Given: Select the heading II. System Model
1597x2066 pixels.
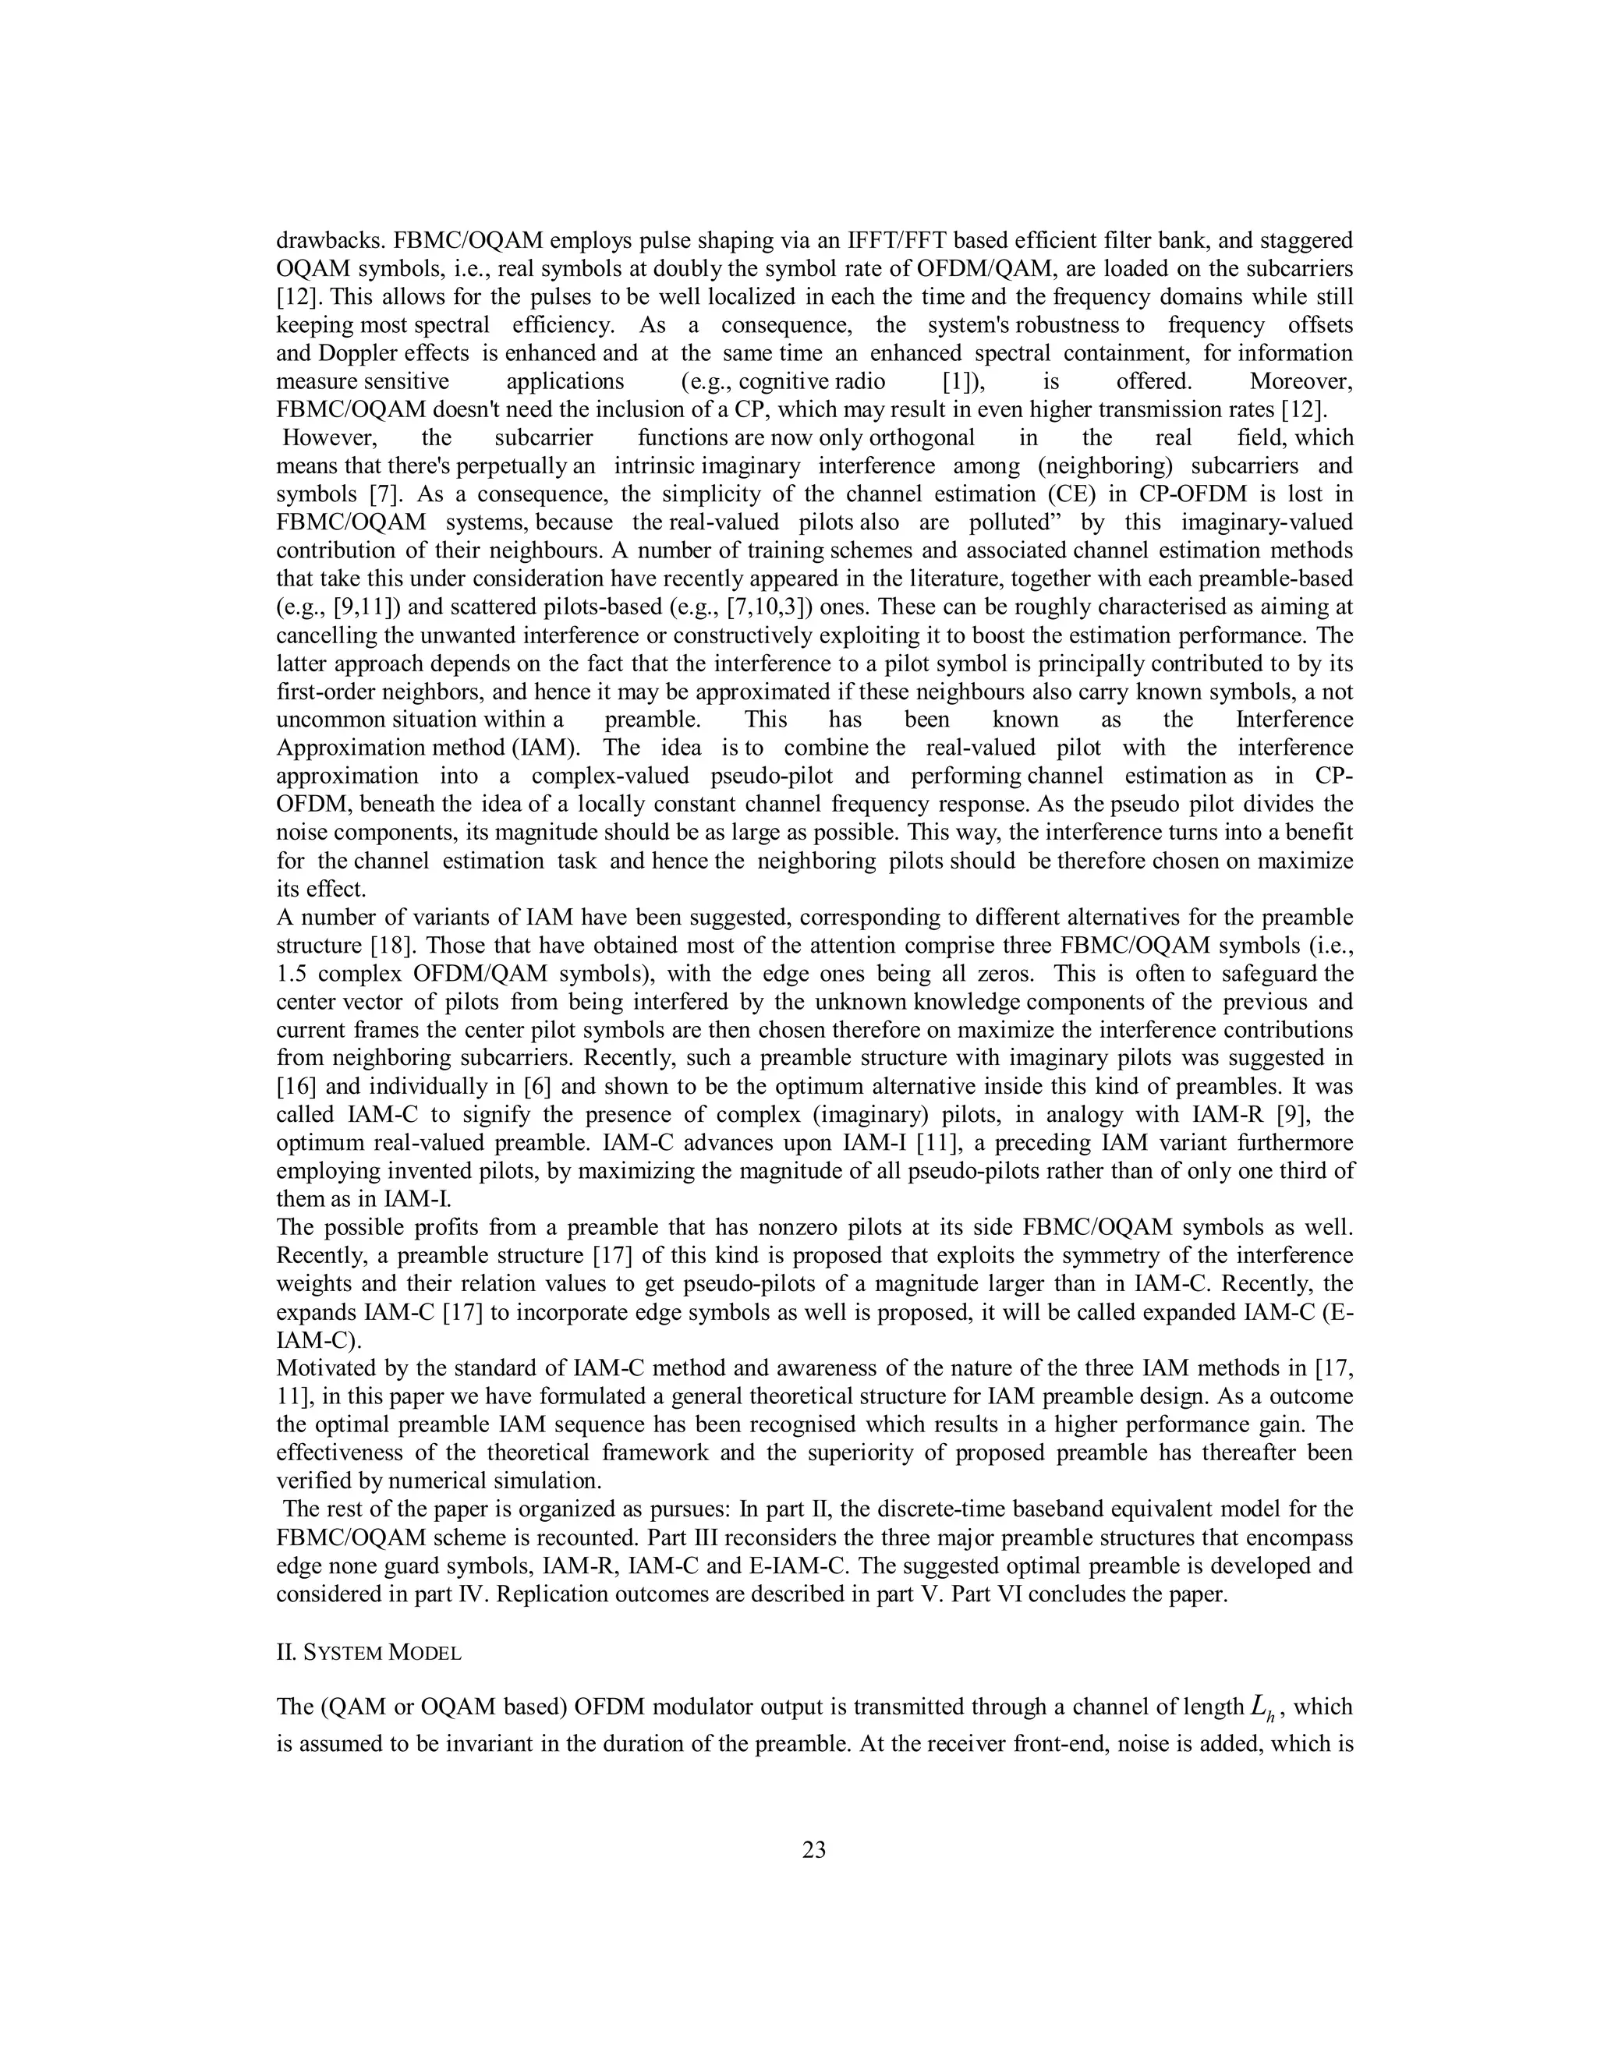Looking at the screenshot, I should tap(368, 1653).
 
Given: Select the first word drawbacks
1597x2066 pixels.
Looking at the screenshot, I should tap(323, 240).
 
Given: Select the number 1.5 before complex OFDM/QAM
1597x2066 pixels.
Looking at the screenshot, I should tap(296, 974).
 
